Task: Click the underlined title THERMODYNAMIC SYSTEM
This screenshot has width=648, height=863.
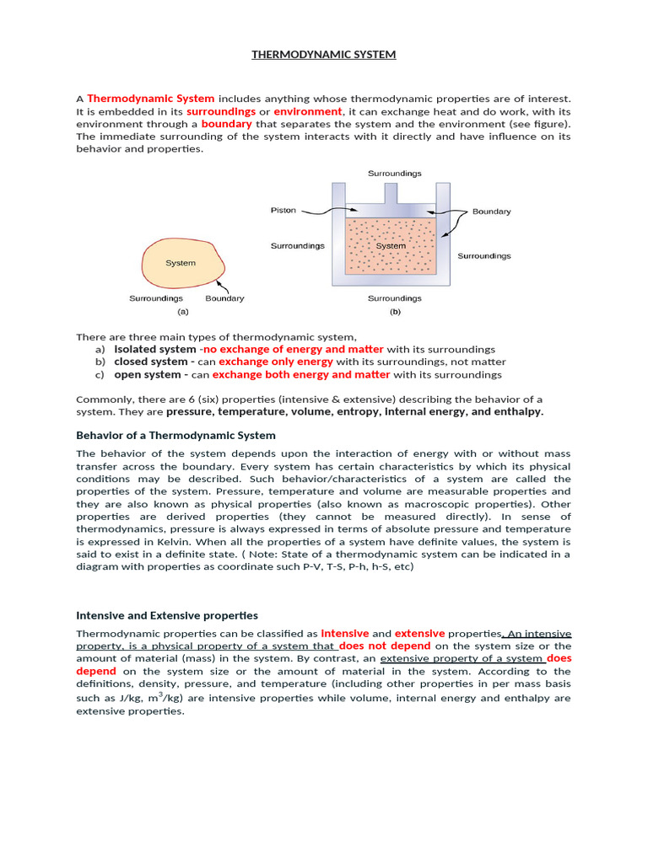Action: [323, 55]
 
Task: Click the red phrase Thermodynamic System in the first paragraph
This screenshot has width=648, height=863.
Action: [150, 99]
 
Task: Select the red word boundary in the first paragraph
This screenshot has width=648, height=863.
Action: [226, 124]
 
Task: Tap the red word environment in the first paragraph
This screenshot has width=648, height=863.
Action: [308, 111]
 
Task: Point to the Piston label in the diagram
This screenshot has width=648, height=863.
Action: [283, 210]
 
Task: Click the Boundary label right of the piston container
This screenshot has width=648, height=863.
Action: [491, 212]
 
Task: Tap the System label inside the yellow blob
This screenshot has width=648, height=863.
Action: [181, 263]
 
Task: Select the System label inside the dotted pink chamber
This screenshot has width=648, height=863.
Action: [391, 246]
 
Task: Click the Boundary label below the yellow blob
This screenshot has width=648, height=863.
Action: [224, 298]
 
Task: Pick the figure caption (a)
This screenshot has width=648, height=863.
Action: [182, 311]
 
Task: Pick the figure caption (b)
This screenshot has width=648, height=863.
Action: [394, 311]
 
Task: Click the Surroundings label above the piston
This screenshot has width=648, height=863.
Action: [394, 174]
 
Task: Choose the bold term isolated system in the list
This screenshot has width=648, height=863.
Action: [154, 349]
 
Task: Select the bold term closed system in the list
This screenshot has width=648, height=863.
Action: [149, 362]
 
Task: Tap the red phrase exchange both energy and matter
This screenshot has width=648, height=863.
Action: [301, 374]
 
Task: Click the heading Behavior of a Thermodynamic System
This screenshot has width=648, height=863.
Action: [175, 436]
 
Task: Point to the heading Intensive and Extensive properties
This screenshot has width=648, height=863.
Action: [167, 615]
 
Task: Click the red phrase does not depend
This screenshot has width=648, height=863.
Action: [385, 646]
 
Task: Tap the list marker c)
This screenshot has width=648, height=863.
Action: [100, 374]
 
